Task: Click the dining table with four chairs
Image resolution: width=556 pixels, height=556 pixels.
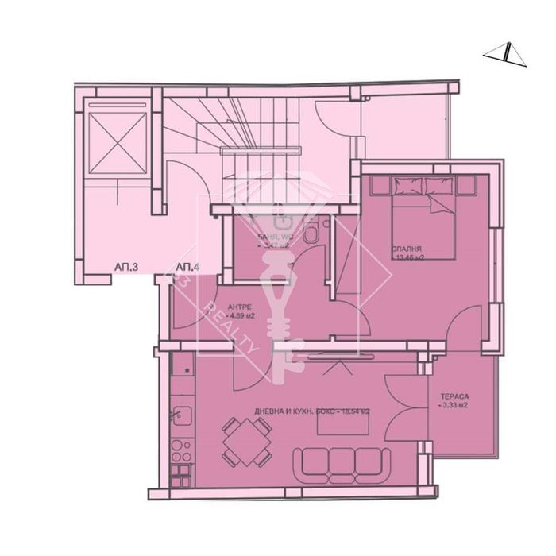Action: coord(245,442)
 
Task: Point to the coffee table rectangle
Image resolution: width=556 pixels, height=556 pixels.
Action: coord(342,423)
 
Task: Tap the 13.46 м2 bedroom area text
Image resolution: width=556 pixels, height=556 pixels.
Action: coord(411,257)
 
